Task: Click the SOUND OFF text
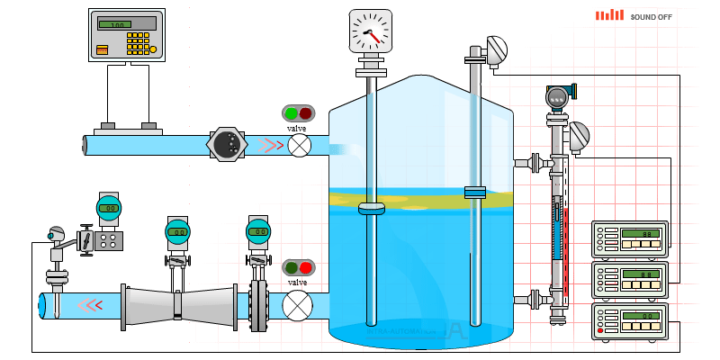pos(656,16)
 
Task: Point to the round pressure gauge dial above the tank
pos(371,31)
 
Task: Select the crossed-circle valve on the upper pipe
pos(298,144)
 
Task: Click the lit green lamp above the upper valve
pos(291,113)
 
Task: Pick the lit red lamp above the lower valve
pos(306,267)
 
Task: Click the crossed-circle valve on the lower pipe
pos(296,305)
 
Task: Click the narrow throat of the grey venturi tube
pos(177,304)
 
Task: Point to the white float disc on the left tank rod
pos(371,210)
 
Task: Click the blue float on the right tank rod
pos(475,191)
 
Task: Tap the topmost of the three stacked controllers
pos(629,239)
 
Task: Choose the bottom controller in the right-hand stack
pos(629,322)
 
